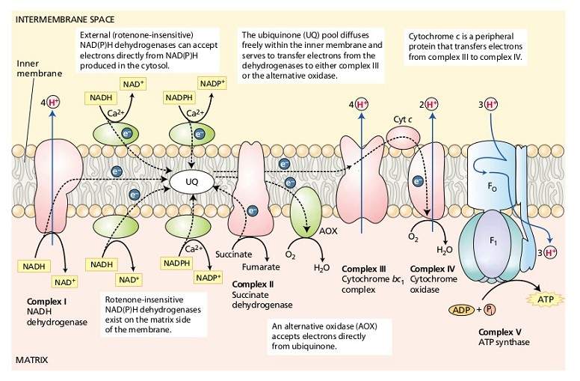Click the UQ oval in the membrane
coord(193,180)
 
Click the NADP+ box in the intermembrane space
coord(212,82)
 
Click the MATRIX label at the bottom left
coord(31,360)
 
